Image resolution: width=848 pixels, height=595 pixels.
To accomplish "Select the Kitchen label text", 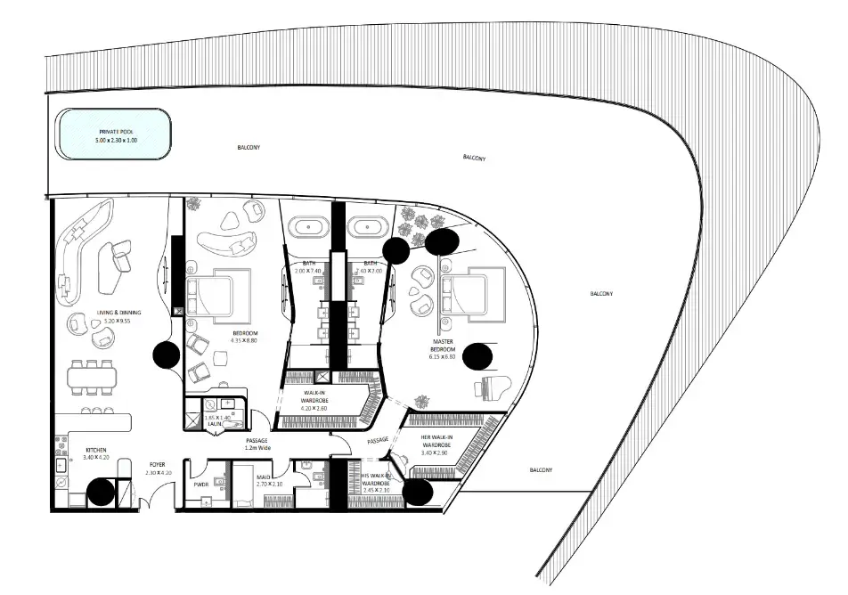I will point(95,453).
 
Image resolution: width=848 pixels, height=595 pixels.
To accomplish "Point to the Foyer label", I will point(157,464).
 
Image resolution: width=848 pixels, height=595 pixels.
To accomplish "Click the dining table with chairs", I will point(92,377).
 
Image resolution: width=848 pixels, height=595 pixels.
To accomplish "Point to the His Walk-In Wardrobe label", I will point(371,482).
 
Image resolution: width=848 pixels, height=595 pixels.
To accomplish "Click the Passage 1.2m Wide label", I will point(257,444).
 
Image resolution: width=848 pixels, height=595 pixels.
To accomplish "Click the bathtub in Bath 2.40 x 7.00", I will point(367,228).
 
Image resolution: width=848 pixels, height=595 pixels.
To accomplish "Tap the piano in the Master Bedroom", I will point(495,387).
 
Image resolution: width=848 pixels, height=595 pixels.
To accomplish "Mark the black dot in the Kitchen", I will point(101,492).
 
